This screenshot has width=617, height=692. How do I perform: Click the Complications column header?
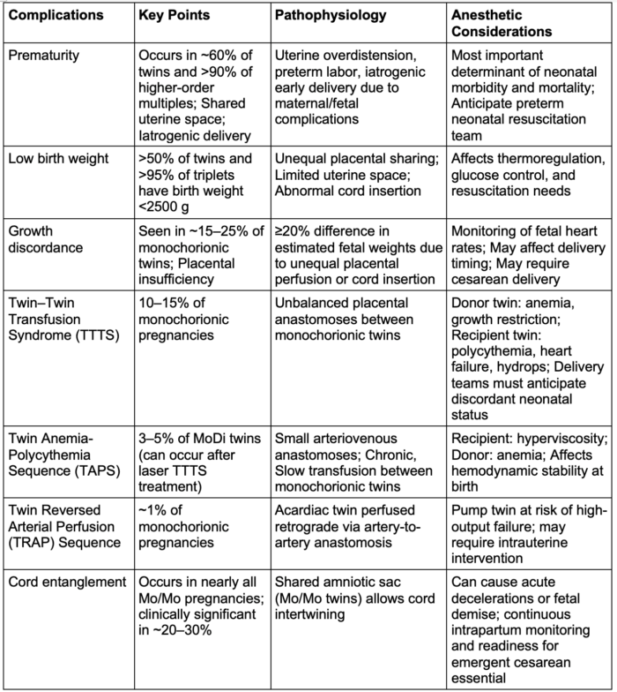[57, 16]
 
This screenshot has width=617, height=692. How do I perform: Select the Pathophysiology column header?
[327, 16]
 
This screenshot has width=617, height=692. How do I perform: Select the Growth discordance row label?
[41, 240]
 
